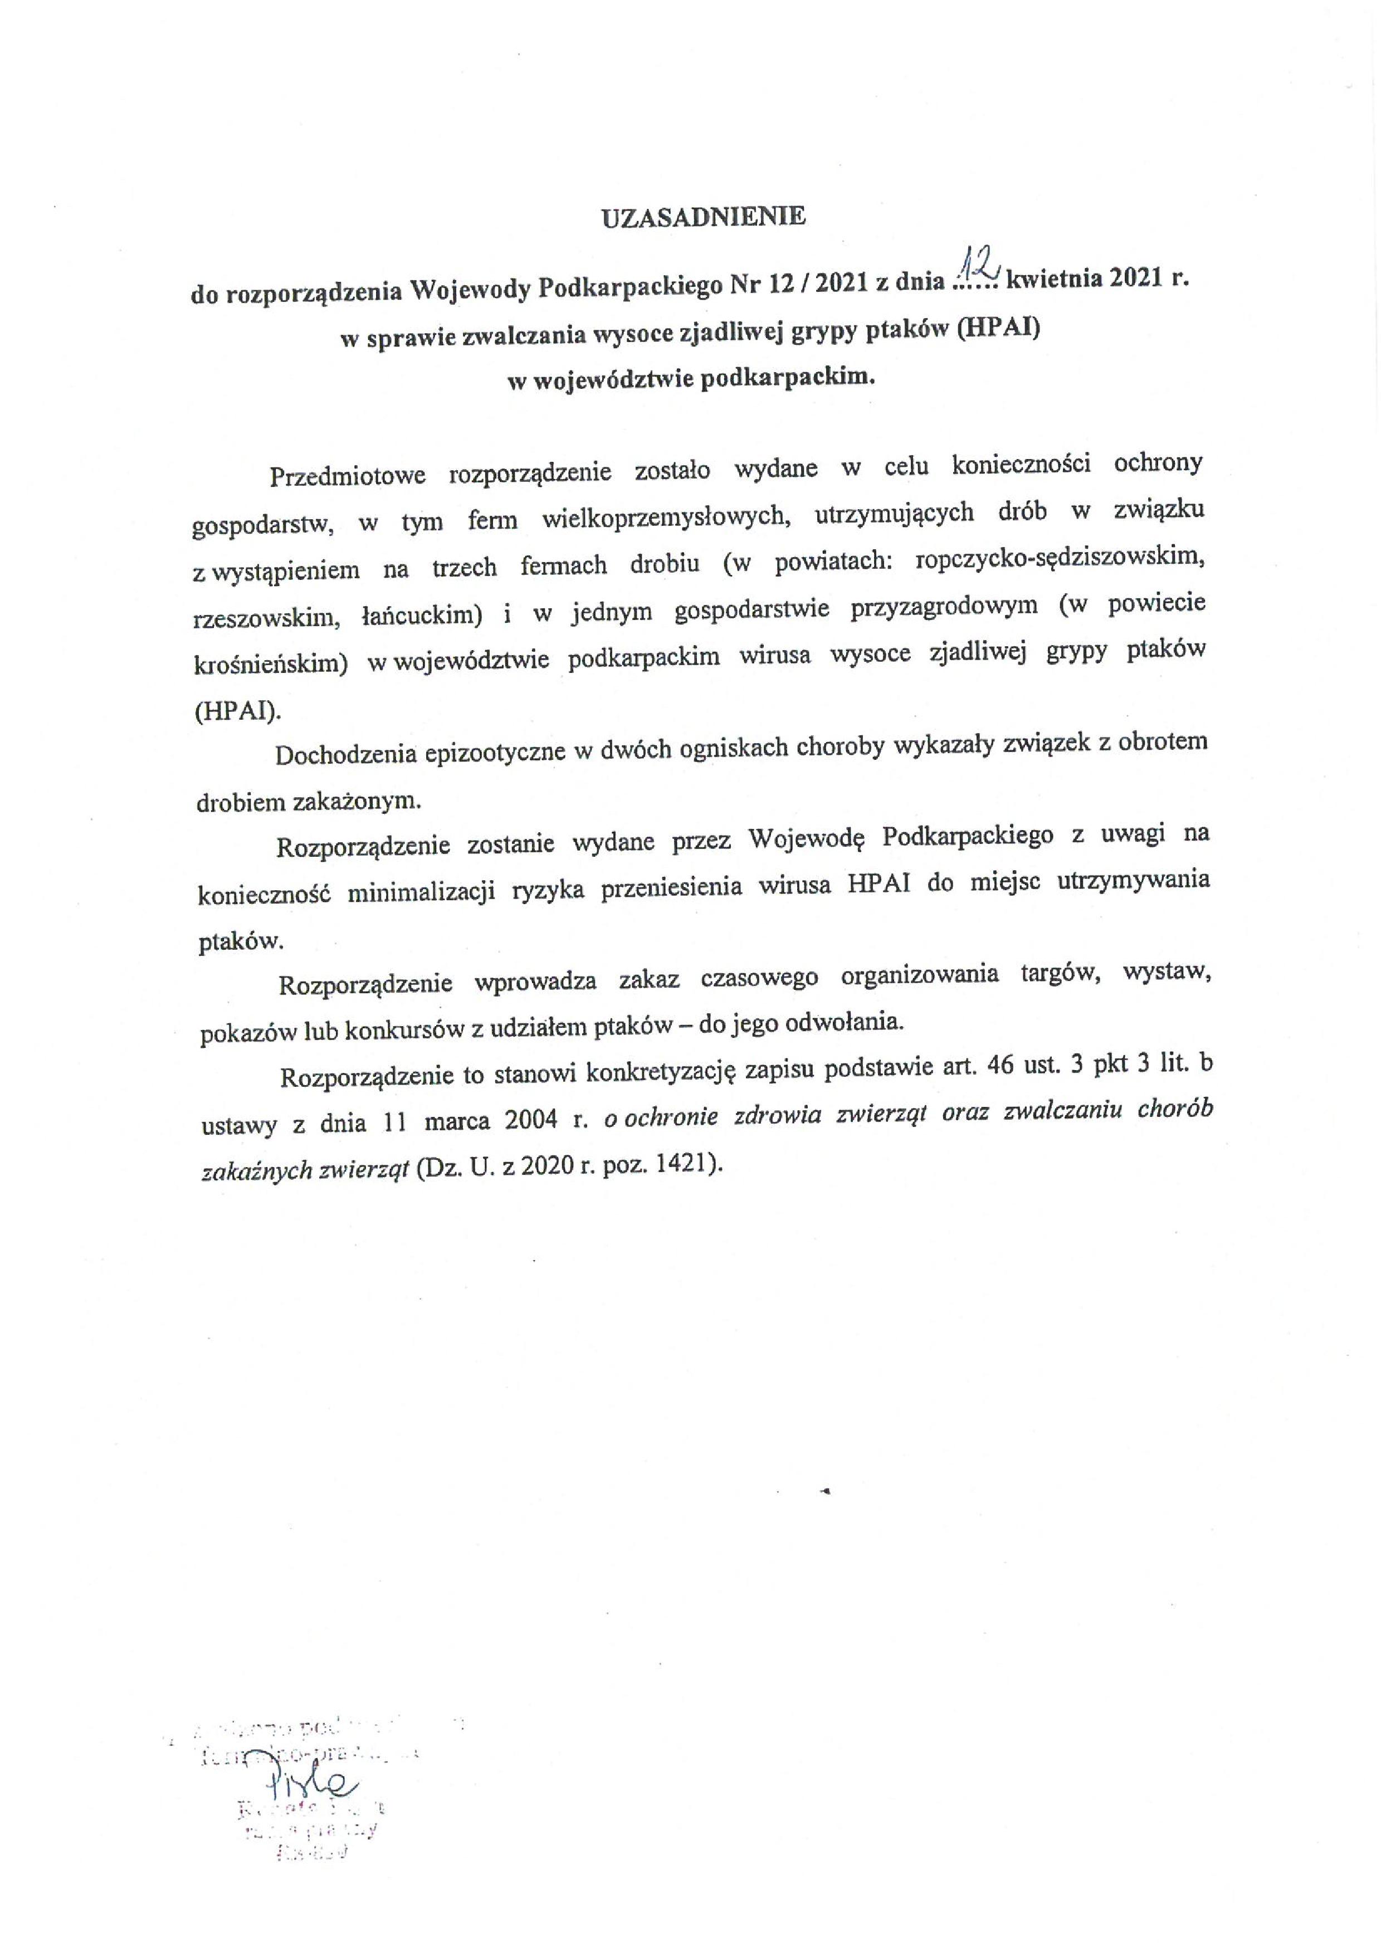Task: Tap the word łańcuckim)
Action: pos(424,616)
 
